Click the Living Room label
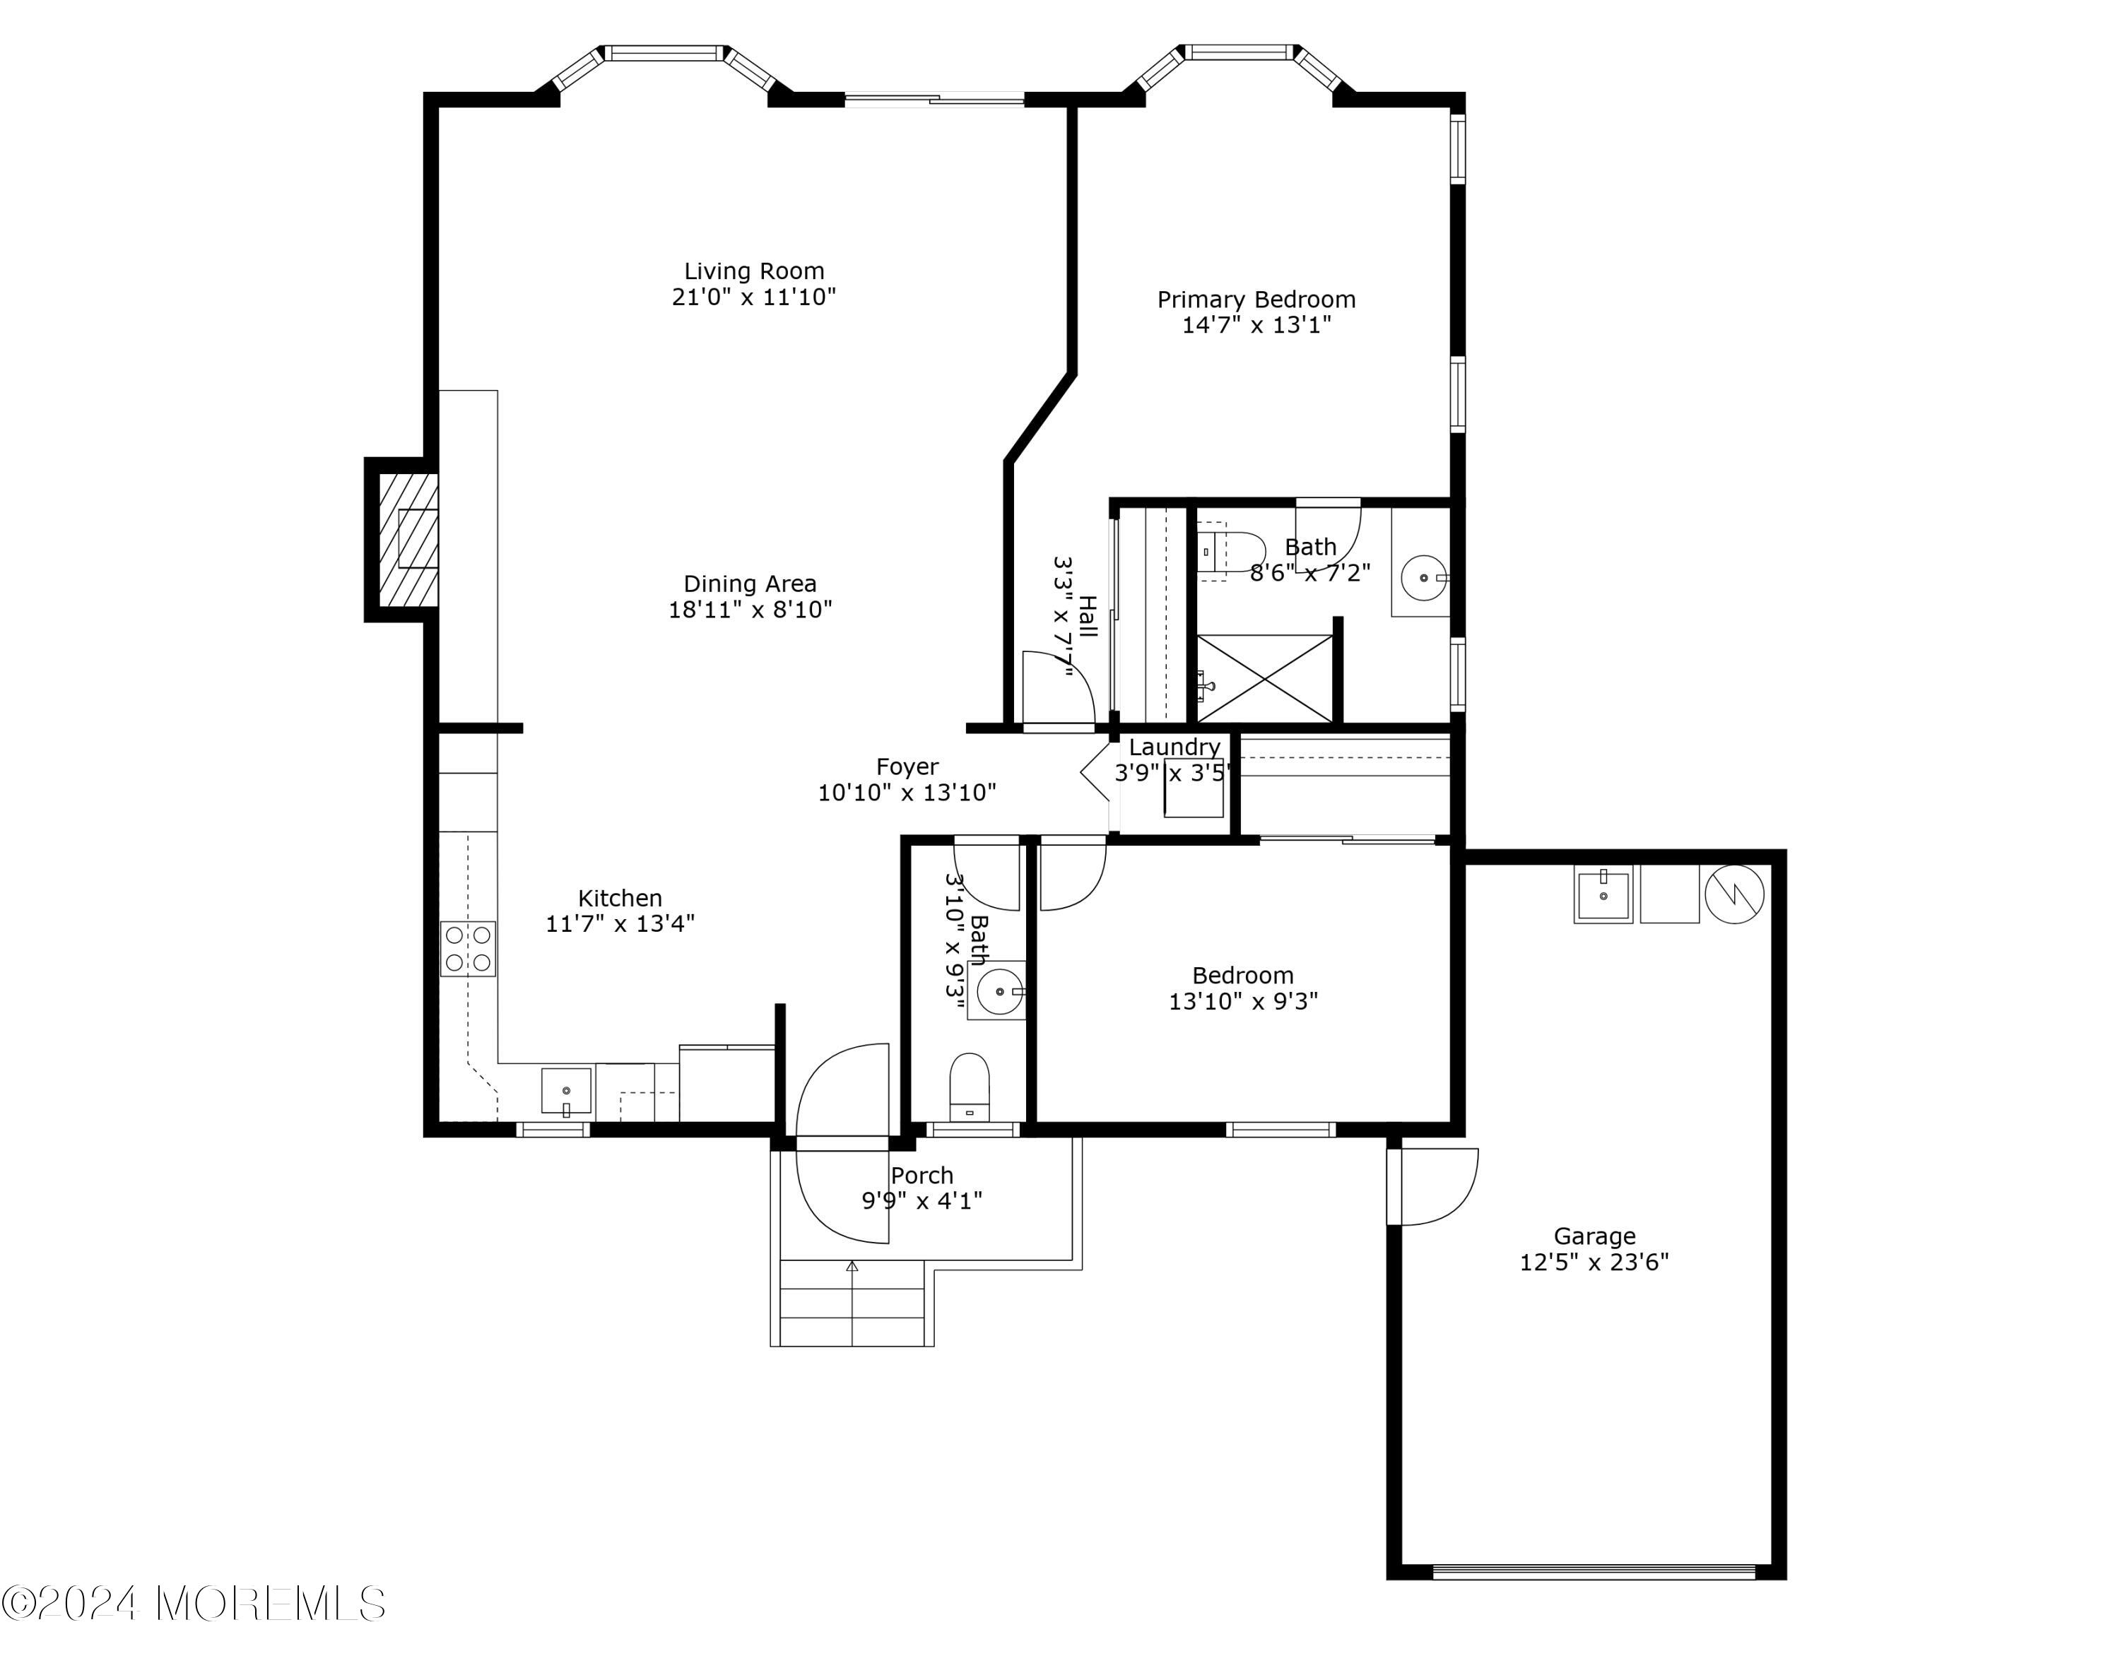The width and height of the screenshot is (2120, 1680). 754,271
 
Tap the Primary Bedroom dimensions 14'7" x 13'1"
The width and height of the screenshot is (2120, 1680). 1256,326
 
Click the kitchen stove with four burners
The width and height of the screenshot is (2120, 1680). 468,949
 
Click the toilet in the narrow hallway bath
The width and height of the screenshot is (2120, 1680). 970,1087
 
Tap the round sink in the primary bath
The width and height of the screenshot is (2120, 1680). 1422,578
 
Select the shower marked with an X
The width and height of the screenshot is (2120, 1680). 1264,678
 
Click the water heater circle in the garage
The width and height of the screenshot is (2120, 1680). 1735,894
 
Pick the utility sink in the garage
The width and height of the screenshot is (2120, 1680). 1603,896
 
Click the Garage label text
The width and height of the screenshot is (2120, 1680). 1594,1236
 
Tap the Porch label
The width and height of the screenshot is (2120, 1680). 921,1176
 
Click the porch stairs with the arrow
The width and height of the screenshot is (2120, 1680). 852,1303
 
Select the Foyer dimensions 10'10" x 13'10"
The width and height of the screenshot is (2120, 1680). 907,793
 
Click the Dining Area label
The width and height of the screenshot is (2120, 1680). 750,584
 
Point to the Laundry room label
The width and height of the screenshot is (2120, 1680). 1174,747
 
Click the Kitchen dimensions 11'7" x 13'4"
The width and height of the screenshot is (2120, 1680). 620,924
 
